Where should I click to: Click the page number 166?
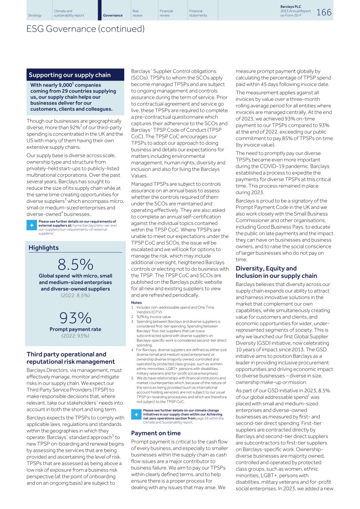pyautogui.click(x=323, y=12)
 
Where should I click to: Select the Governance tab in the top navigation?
pyautogui.click(x=113, y=15)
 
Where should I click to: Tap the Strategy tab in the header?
pyautogui.click(x=35, y=15)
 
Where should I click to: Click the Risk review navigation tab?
pyautogui.click(x=138, y=13)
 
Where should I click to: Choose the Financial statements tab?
pyautogui.click(x=198, y=13)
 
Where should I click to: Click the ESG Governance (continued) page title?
pyautogui.click(x=85, y=29)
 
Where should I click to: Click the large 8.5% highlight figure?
pyautogui.click(x=75, y=264)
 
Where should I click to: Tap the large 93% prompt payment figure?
pyautogui.click(x=75, y=318)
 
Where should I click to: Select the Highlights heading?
pyautogui.click(x=44, y=248)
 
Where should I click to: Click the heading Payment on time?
pyautogui.click(x=156, y=433)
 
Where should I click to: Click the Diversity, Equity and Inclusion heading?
pyautogui.click(x=276, y=272)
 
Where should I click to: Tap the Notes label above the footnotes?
pyautogui.click(x=136, y=302)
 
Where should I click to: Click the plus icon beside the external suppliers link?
pyautogui.click(x=31, y=226)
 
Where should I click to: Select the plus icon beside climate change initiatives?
pyautogui.click(x=136, y=415)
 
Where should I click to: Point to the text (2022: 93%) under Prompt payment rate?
pyautogui.click(x=75, y=336)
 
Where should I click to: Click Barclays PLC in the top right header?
pyautogui.click(x=290, y=7)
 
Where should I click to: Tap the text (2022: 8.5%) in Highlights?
pyautogui.click(x=75, y=295)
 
